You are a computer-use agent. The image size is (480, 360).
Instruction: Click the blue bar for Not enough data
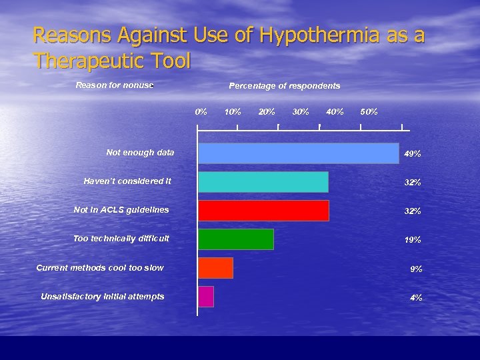point(298,153)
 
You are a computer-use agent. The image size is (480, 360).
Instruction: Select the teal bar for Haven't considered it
point(263,182)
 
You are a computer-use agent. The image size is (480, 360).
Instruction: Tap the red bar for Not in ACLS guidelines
point(263,211)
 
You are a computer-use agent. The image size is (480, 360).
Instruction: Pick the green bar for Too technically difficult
point(236,239)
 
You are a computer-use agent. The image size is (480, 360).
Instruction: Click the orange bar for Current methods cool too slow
point(215,268)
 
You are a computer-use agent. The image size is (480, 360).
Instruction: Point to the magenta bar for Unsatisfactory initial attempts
point(206,297)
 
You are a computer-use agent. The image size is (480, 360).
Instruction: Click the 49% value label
point(413,154)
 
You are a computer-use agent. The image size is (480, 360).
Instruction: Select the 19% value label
point(413,240)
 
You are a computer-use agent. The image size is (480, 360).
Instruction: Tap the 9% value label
point(416,269)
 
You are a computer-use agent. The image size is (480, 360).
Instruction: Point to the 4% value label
point(416,298)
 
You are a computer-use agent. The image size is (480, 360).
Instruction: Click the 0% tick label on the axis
point(201,111)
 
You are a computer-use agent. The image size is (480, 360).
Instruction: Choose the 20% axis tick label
point(267,111)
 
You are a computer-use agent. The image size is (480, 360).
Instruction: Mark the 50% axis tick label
point(369,111)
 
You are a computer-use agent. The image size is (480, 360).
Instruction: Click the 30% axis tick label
point(301,111)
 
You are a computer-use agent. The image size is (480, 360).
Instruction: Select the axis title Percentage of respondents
point(284,86)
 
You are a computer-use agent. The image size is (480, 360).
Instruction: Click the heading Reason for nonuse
point(114,85)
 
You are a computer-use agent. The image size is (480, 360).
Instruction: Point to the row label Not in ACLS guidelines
point(121,210)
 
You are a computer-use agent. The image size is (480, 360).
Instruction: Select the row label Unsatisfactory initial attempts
point(102,297)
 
